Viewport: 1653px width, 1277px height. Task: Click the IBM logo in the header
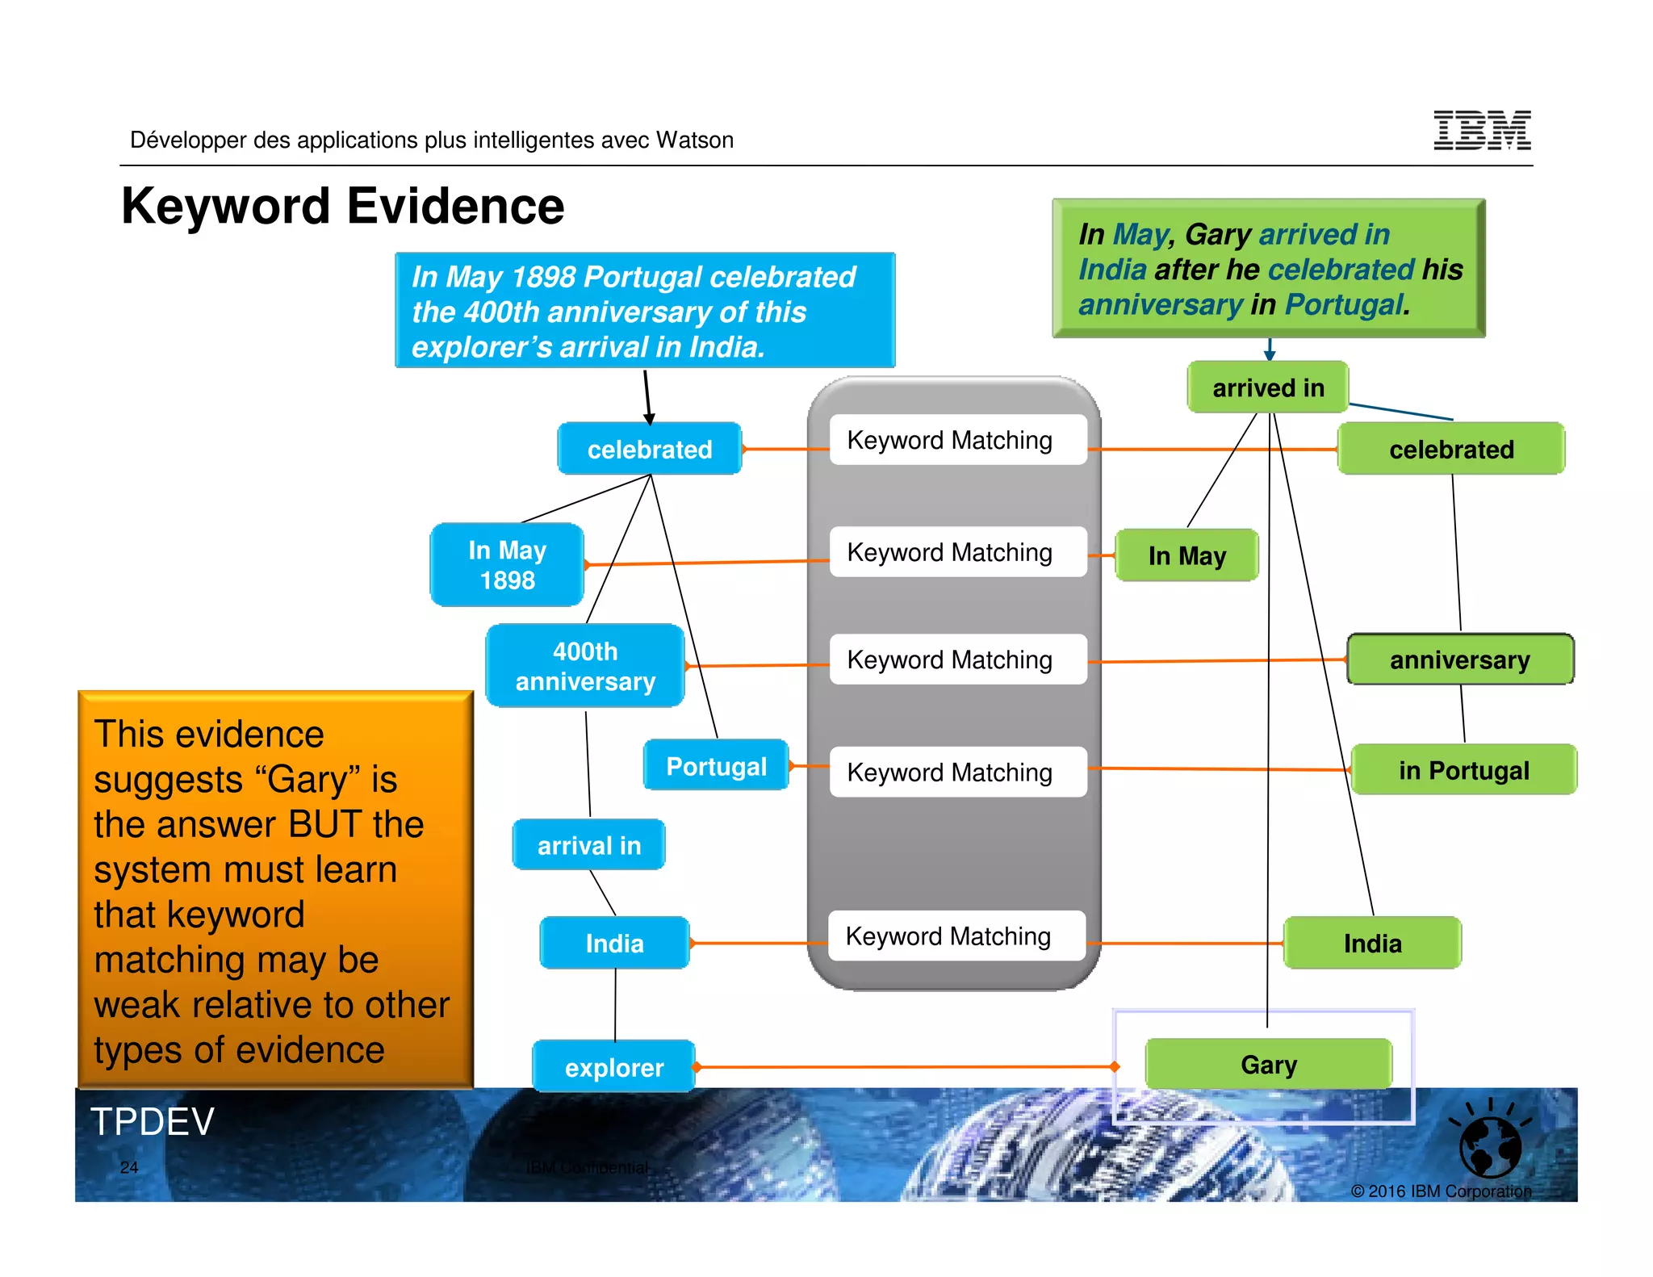(1482, 130)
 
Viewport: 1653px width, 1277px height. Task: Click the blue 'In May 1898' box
(507, 564)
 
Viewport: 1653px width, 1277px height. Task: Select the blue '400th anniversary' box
(585, 666)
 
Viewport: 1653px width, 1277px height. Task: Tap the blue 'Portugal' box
(716, 765)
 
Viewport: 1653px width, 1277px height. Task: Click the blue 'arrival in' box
(588, 845)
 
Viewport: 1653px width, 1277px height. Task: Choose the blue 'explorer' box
(613, 1066)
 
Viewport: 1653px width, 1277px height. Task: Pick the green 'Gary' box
(1268, 1064)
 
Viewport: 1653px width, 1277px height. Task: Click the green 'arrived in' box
(1267, 387)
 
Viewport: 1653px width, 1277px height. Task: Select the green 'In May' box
(1186, 555)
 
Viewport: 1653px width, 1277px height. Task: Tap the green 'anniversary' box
(1459, 659)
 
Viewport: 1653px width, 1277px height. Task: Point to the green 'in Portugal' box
(1463, 770)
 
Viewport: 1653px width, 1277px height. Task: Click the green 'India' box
(1372, 943)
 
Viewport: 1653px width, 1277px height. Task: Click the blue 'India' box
(614, 943)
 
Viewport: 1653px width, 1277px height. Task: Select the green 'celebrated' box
(1451, 449)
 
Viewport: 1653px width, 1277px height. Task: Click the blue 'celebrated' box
(649, 449)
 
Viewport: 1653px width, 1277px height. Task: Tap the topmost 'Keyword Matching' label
(949, 440)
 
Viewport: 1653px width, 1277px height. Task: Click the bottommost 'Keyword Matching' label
(948, 936)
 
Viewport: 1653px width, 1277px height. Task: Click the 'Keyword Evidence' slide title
(342, 206)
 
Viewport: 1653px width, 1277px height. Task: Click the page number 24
(129, 1167)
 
